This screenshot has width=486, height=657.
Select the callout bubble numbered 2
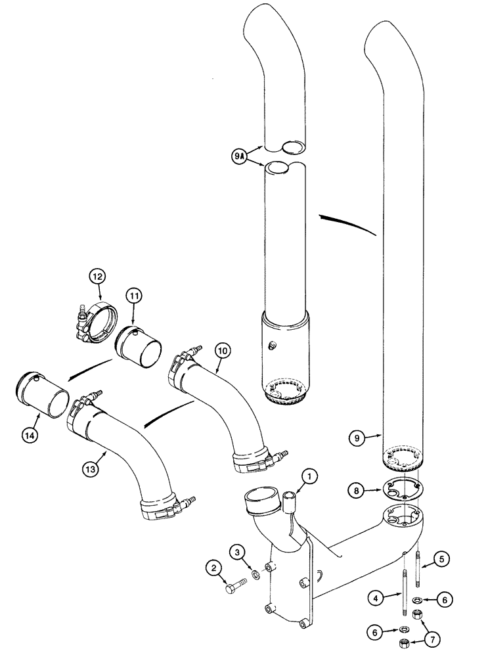pyautogui.click(x=213, y=566)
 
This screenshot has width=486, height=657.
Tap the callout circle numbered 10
pyautogui.click(x=222, y=351)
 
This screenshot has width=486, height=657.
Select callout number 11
pyautogui.click(x=134, y=297)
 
